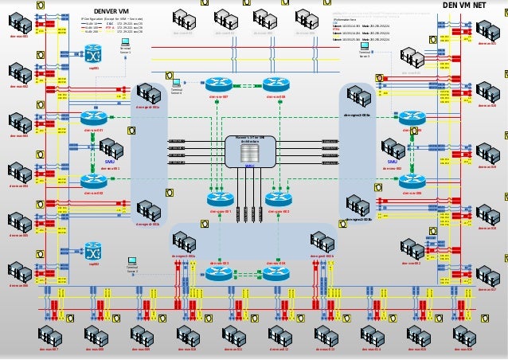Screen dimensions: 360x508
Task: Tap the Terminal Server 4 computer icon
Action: (x=177, y=82)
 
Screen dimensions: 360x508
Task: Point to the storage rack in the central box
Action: (x=249, y=152)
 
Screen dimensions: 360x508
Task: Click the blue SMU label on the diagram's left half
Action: (x=111, y=161)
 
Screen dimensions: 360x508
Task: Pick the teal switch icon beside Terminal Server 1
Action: (x=94, y=53)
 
